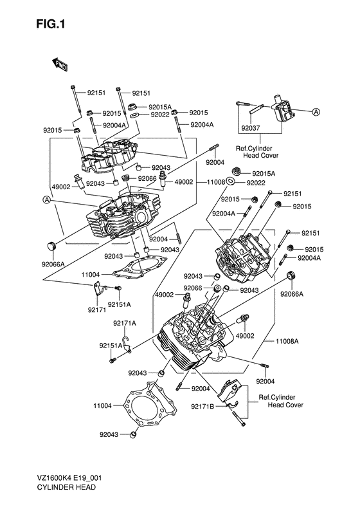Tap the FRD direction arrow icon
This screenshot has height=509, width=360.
click(x=60, y=63)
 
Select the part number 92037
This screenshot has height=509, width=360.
click(x=251, y=128)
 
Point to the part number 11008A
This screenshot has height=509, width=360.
click(x=287, y=341)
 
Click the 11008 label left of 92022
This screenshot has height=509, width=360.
click(x=215, y=183)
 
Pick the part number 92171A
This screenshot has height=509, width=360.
click(x=125, y=323)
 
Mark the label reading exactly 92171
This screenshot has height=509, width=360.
click(x=98, y=310)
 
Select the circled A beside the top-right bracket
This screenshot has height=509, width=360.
click(x=316, y=111)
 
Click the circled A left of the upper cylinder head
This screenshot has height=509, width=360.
click(x=47, y=200)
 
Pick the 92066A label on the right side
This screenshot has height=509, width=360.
click(x=291, y=294)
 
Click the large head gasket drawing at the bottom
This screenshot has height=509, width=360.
click(x=154, y=407)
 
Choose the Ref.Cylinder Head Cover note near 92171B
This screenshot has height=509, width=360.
click(x=281, y=401)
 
